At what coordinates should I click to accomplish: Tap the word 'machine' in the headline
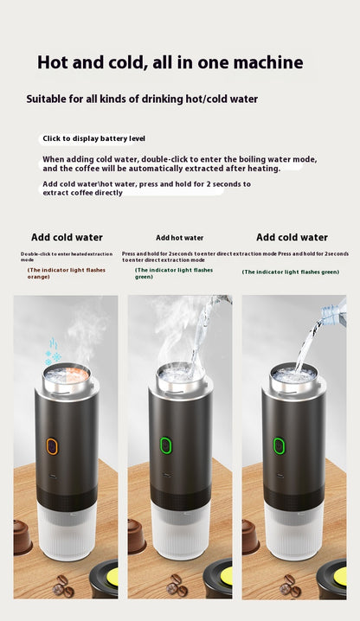coord(262,62)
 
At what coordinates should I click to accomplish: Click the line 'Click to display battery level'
coord(94,138)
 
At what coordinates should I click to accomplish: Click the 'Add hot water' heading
coord(180,237)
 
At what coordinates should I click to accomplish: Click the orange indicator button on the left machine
coord(52,446)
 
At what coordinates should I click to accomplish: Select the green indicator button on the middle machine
coord(166,446)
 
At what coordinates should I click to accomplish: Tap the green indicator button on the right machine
coord(280,446)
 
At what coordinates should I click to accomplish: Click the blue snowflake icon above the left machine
coord(53,352)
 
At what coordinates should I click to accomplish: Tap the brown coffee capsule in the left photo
coord(22,536)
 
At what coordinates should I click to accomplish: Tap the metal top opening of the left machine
coord(65,374)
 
